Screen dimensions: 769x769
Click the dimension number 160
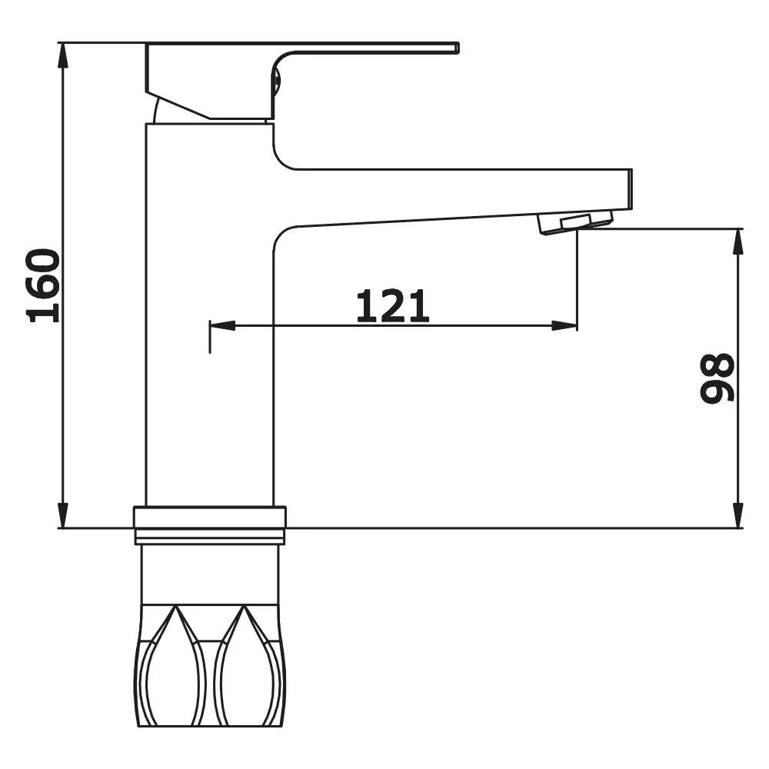(44, 285)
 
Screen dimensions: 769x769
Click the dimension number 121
(392, 306)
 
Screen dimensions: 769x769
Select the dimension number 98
(717, 378)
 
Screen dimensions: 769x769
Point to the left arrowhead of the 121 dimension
(221, 326)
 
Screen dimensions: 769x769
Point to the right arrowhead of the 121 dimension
(565, 326)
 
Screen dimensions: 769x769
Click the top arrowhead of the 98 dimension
(738, 239)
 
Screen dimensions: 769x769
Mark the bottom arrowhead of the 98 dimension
(738, 518)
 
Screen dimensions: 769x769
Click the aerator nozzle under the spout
(575, 222)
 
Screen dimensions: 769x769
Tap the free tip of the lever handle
(456, 48)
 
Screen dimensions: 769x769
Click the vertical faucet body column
(209, 346)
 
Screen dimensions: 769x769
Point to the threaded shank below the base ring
(209, 573)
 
